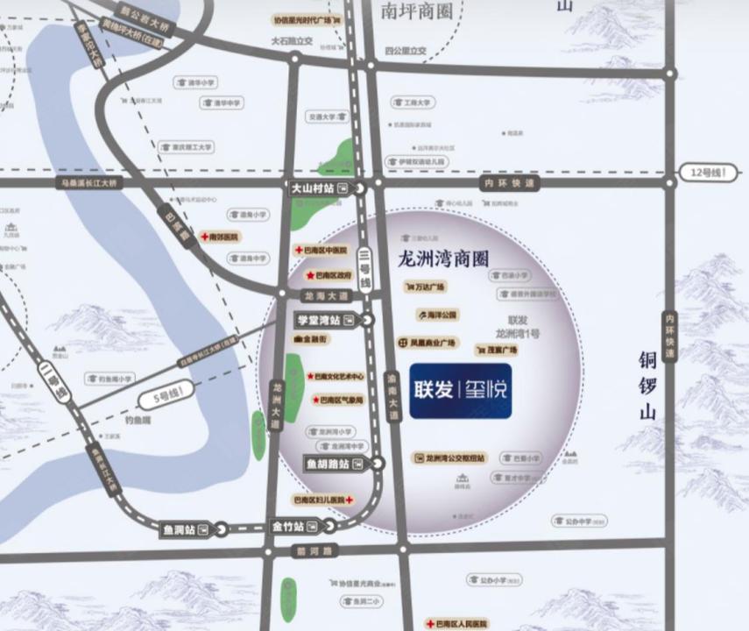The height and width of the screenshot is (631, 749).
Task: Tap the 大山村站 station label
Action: tap(312, 188)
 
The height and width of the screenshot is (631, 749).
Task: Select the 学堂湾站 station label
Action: tap(318, 321)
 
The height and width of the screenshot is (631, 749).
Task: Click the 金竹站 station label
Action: tap(287, 527)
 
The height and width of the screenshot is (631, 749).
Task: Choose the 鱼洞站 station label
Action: tap(180, 529)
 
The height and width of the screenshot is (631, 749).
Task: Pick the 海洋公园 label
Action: tap(437, 314)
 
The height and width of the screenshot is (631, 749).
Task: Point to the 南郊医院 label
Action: tap(224, 237)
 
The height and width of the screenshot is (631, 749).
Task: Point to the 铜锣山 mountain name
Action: tap(647, 386)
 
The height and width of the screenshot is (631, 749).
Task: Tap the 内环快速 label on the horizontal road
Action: tap(510, 183)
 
